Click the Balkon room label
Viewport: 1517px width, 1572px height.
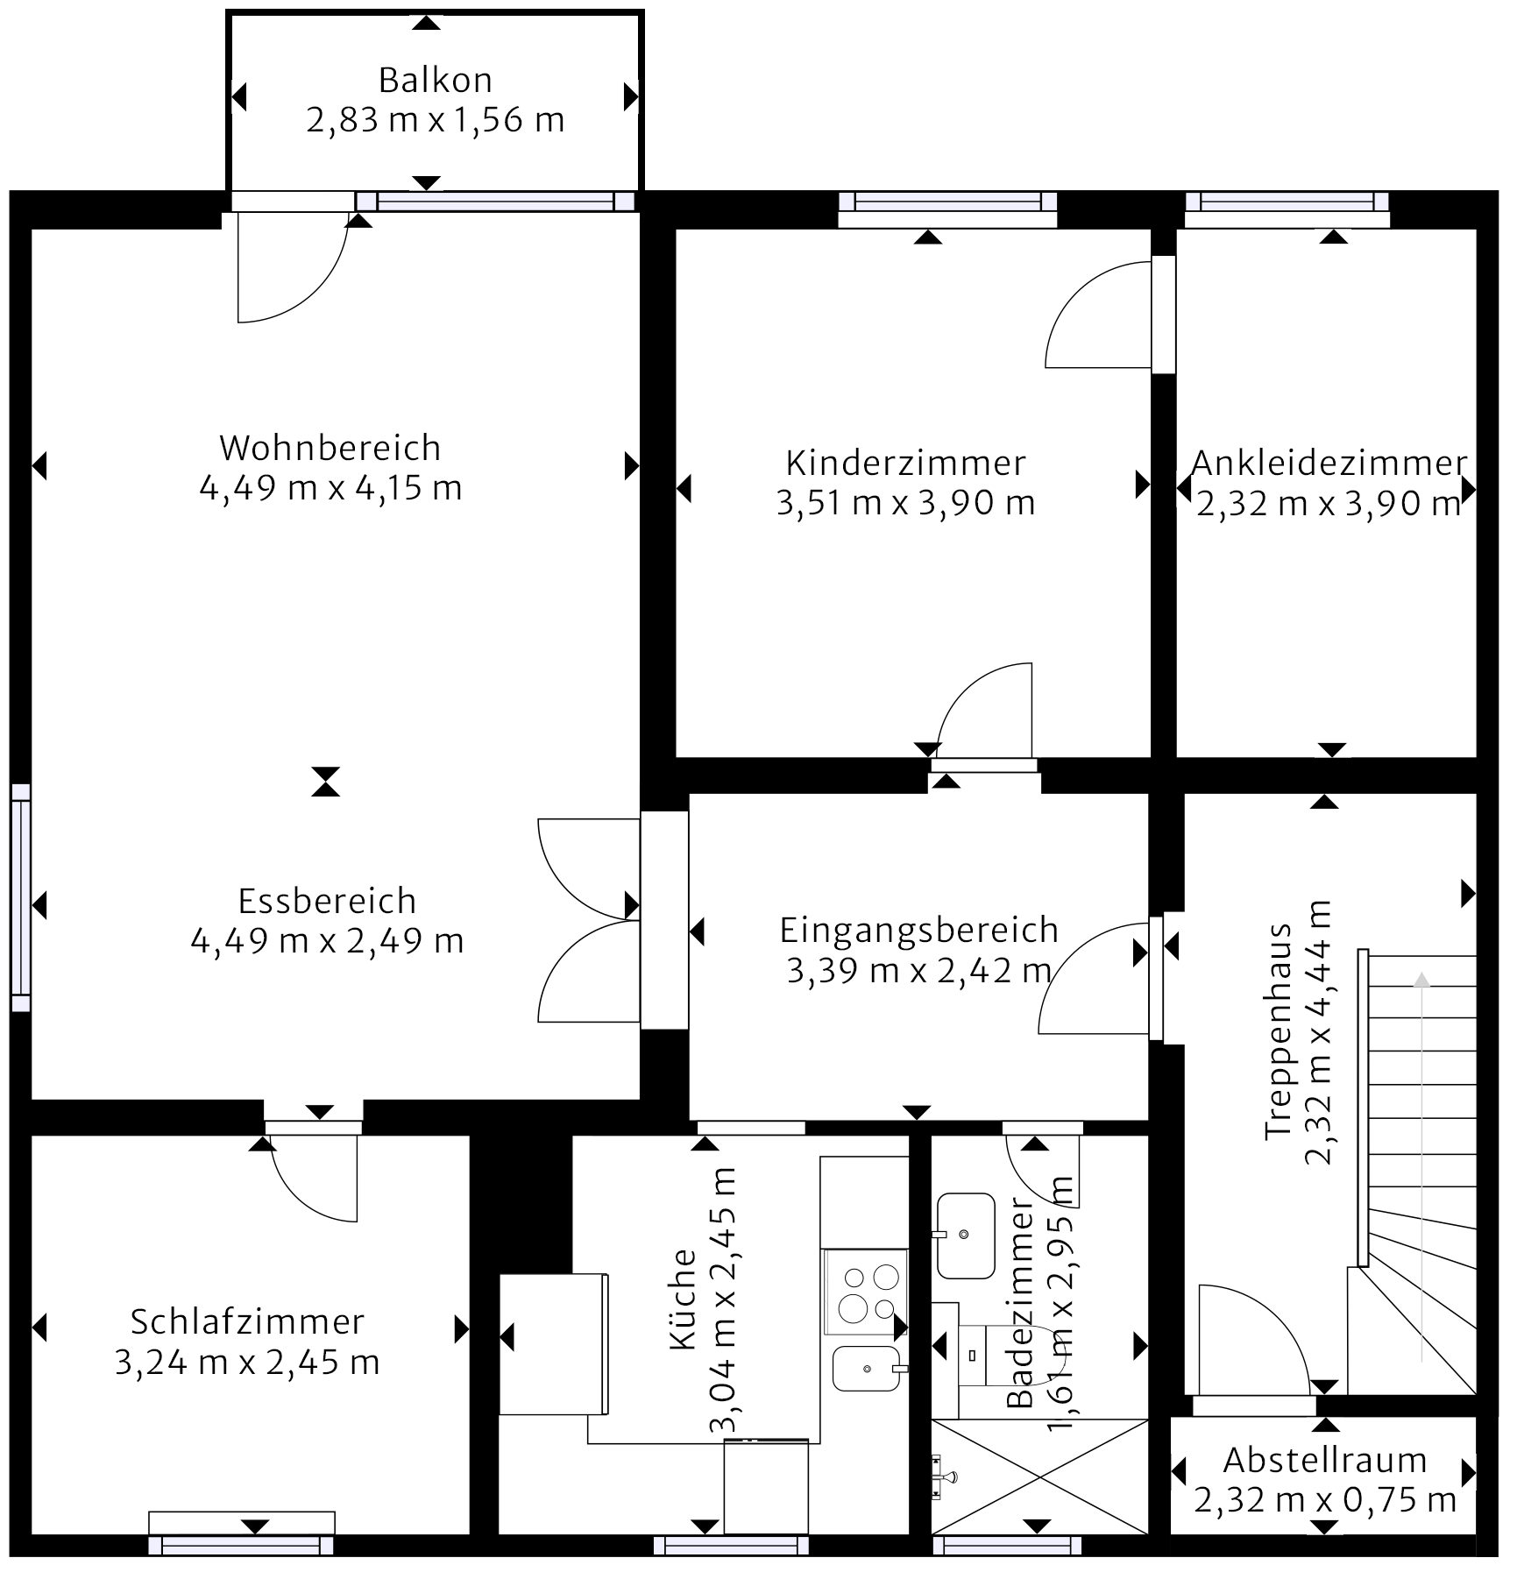click(435, 81)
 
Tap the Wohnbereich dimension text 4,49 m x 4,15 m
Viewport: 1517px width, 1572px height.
click(330, 488)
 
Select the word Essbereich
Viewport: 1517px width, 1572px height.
click(327, 901)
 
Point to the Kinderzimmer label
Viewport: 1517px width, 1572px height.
click(905, 463)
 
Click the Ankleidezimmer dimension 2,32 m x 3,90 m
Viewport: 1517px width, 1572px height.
click(1328, 504)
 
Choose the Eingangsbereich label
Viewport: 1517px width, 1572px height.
click(919, 931)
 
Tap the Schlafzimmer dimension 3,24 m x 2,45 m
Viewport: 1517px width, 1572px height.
click(247, 1363)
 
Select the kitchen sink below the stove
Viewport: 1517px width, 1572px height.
click(866, 1369)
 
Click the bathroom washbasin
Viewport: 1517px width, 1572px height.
click(965, 1236)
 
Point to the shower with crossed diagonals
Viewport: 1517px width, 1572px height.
click(1039, 1476)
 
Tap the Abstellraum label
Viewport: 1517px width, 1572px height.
click(1325, 1461)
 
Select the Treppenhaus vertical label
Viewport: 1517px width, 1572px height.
click(1298, 1031)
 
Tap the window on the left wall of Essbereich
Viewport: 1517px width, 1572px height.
click(20, 897)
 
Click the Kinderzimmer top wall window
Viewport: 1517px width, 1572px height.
click(947, 202)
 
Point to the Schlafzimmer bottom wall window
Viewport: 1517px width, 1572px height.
click(241, 1546)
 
